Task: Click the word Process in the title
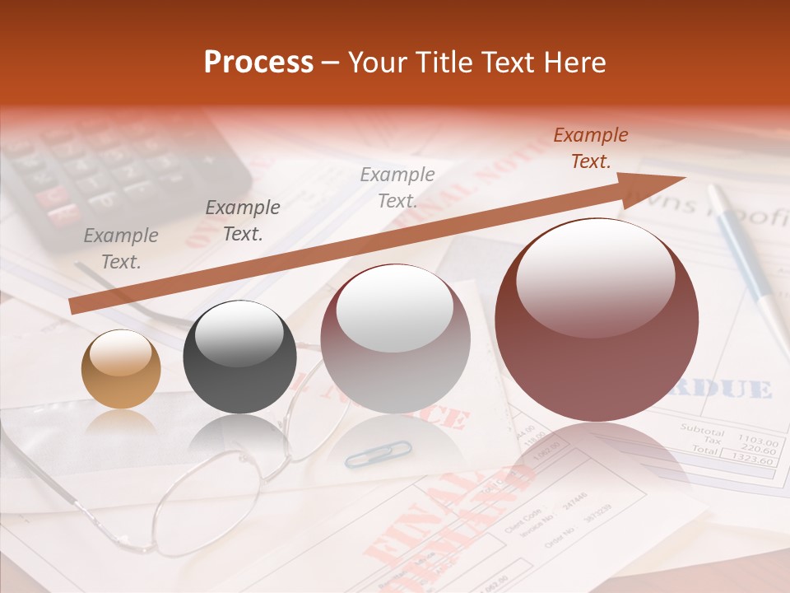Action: click(258, 63)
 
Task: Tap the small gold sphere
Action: click(121, 369)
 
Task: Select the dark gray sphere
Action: click(239, 357)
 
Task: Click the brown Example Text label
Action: click(590, 148)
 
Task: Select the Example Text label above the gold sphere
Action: click(121, 249)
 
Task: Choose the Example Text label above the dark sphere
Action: click(242, 221)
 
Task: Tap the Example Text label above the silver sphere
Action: click(397, 187)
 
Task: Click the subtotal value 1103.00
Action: click(757, 441)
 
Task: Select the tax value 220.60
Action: click(759, 451)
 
